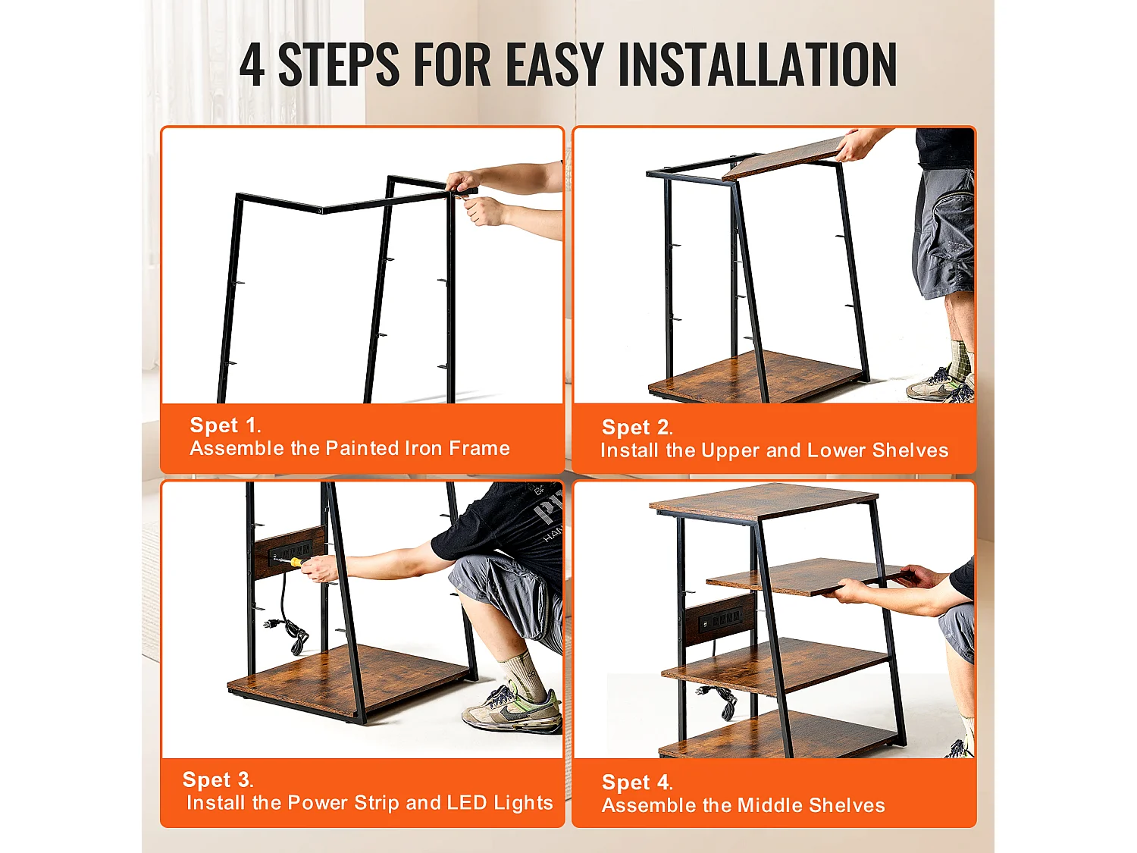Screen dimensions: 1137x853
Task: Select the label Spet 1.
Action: (225, 425)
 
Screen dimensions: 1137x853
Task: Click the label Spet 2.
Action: (637, 428)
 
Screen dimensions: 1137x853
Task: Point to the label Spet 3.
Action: (218, 779)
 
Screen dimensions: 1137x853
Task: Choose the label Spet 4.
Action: (637, 782)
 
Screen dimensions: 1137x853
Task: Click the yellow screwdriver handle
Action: (297, 562)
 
